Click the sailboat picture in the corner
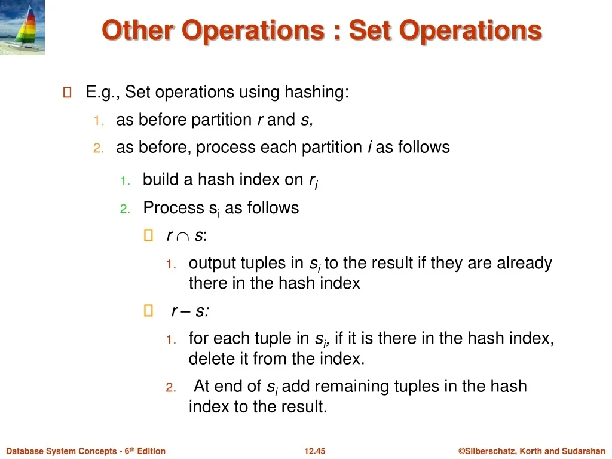pyautogui.click(x=22, y=27)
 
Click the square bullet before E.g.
pyautogui.click(x=67, y=93)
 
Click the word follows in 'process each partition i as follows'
pyautogui.click(x=424, y=147)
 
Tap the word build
pyautogui.click(x=161, y=179)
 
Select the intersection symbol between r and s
pyautogui.click(x=183, y=237)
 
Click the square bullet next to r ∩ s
pyautogui.click(x=148, y=235)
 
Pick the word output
pyautogui.click(x=212, y=264)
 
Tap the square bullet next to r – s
pyautogui.click(x=148, y=311)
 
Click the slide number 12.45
pyautogui.click(x=314, y=451)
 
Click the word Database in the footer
pyautogui.click(x=23, y=451)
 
